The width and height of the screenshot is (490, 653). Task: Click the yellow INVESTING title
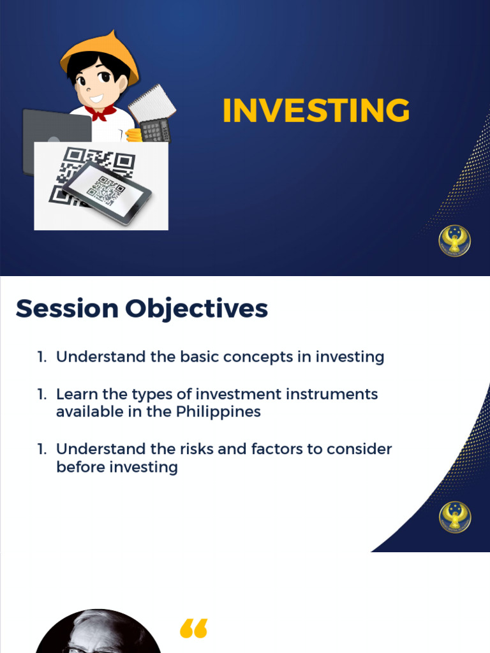click(316, 111)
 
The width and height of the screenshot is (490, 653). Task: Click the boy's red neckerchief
click(100, 113)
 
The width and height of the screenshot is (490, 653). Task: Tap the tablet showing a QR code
click(107, 191)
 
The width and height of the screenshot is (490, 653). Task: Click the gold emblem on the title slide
click(454, 240)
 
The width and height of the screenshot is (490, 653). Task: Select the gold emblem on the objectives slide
click(454, 517)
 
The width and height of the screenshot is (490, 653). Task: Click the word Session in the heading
click(67, 309)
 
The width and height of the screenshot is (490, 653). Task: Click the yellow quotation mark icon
click(194, 628)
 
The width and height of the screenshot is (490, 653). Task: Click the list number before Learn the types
click(41, 394)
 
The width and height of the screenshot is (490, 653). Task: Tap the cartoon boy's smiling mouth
click(96, 99)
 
